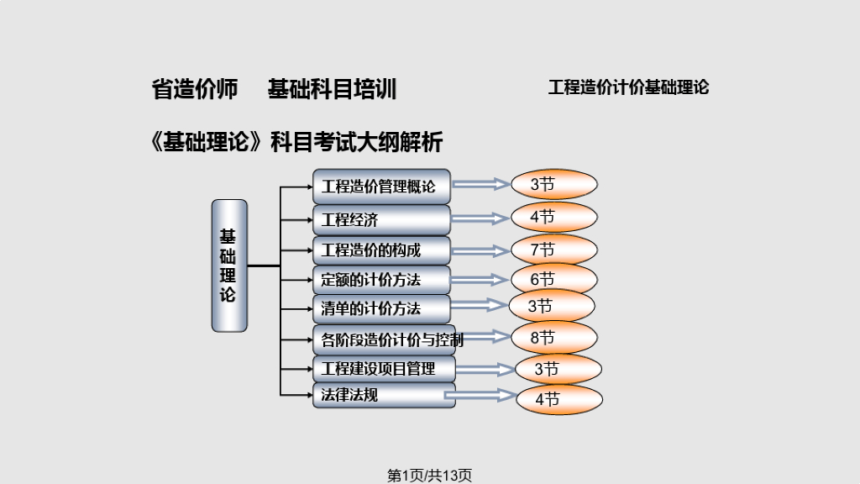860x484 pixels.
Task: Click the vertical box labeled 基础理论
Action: click(229, 266)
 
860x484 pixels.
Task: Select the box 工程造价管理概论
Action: click(382, 187)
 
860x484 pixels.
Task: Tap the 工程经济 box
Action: click(382, 220)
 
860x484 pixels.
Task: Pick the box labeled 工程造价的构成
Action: click(382, 250)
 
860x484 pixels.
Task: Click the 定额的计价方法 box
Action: click(382, 280)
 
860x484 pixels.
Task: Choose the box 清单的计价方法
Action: click(382, 309)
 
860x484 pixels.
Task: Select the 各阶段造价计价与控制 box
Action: click(385, 339)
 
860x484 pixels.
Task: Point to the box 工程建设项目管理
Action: click(384, 369)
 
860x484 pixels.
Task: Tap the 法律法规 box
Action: click(384, 396)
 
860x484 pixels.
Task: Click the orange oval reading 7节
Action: click(554, 250)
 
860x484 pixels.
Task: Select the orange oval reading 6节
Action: click(554, 279)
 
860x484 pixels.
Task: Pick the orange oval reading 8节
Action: click(554, 338)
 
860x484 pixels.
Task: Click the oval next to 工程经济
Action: click(554, 218)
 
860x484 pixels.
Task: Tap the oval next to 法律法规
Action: click(559, 399)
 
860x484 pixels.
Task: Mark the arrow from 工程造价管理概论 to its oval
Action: click(481, 184)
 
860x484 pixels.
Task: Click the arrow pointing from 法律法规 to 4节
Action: click(480, 395)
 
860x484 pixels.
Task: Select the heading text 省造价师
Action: click(195, 89)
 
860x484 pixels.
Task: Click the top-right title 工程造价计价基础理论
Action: click(628, 87)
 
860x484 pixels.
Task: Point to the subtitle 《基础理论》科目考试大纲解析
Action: click(296, 142)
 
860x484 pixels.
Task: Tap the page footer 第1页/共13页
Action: click(429, 476)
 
